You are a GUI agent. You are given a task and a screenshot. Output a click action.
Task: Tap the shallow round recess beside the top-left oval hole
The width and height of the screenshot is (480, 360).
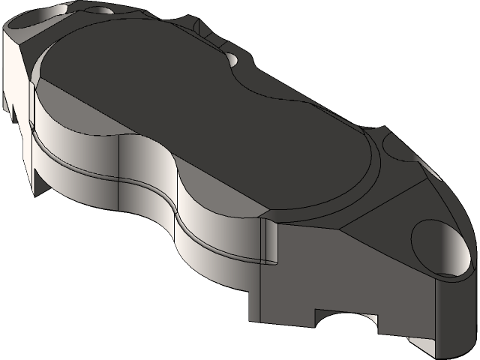(x=101, y=10)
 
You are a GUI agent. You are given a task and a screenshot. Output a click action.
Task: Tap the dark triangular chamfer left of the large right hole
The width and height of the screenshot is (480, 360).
(x=375, y=217)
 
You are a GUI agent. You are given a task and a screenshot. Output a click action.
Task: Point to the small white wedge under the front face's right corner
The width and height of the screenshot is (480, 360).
(x=416, y=346)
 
